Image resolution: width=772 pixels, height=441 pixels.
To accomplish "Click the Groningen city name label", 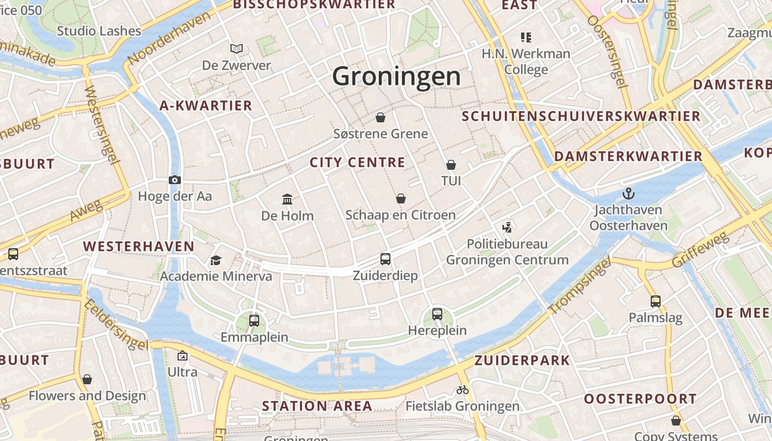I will [x=396, y=76].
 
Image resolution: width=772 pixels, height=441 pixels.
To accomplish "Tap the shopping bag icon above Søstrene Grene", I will [x=380, y=117].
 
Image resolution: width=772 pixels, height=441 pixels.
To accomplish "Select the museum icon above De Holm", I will [x=287, y=199].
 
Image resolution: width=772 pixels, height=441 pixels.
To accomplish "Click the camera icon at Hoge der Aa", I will [x=175, y=180].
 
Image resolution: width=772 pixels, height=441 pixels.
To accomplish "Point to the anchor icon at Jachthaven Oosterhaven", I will [x=628, y=193].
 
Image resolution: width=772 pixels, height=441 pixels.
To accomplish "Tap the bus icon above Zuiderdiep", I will [x=385, y=259].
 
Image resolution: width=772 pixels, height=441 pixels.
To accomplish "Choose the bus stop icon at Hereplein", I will [x=437, y=314].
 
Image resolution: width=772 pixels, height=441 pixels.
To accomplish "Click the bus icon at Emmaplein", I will [x=254, y=320].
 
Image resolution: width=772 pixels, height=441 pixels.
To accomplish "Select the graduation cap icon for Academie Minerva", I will [x=216, y=260].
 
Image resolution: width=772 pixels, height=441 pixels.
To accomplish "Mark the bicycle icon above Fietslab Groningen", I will [x=463, y=390].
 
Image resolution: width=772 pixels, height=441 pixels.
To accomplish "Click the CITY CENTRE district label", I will [x=357, y=163].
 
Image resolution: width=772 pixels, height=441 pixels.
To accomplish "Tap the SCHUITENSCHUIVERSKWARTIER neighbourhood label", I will [x=581, y=116].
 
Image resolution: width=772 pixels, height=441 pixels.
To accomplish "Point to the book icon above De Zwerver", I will [x=237, y=49].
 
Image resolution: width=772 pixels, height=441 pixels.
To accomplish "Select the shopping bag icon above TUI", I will [x=451, y=165].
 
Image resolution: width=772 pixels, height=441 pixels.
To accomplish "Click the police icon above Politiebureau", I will [x=507, y=227].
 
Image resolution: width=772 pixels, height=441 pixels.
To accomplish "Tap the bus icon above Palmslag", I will [x=656, y=302].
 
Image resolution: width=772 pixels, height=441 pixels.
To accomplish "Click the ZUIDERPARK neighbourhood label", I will [x=522, y=361].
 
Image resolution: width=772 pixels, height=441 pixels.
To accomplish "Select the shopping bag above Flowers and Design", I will [x=87, y=379].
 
